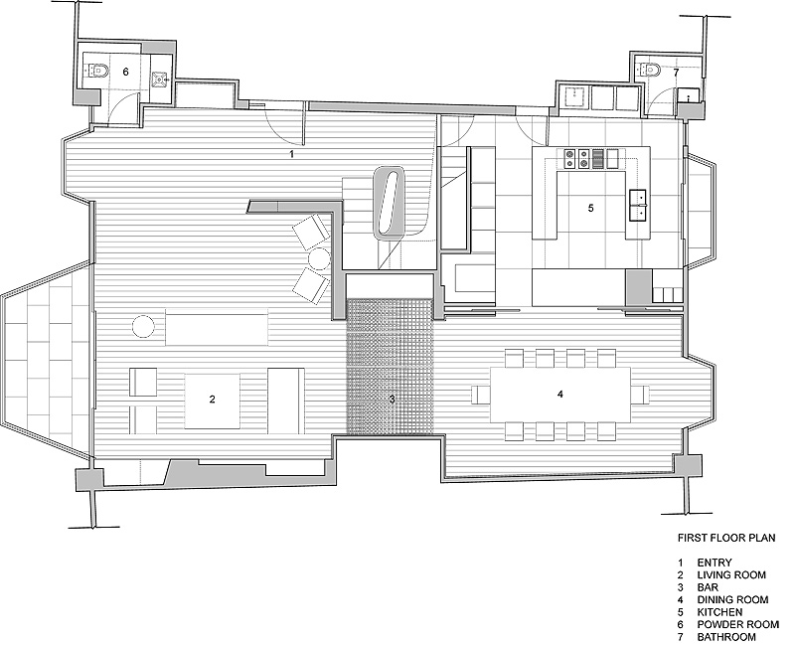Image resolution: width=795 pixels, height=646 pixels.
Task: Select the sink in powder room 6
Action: [161, 80]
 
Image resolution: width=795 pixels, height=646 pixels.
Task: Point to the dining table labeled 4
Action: [560, 395]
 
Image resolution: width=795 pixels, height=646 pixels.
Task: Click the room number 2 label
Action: [212, 400]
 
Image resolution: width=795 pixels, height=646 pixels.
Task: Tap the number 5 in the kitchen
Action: [590, 208]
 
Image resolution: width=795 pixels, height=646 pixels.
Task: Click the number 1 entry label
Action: [291, 154]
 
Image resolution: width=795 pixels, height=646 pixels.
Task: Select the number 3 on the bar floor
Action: [392, 400]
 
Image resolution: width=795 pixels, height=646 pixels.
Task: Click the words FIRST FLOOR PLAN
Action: [726, 538]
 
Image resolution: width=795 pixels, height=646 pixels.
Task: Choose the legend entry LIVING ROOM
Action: [731, 575]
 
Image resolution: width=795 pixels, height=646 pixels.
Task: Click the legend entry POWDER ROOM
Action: [737, 625]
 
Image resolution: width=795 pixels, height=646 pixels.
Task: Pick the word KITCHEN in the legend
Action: [719, 612]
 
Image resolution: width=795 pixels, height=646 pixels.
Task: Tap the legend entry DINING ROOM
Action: [732, 600]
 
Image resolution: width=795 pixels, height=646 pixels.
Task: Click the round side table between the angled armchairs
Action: [320, 258]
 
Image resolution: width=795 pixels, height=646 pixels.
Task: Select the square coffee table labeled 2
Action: [212, 401]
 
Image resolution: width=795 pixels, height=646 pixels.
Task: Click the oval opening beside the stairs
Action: [389, 202]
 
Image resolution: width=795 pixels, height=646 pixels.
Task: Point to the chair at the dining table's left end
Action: [481, 395]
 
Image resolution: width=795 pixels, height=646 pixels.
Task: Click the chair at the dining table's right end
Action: [640, 395]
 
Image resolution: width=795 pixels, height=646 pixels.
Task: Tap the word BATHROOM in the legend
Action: [726, 637]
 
